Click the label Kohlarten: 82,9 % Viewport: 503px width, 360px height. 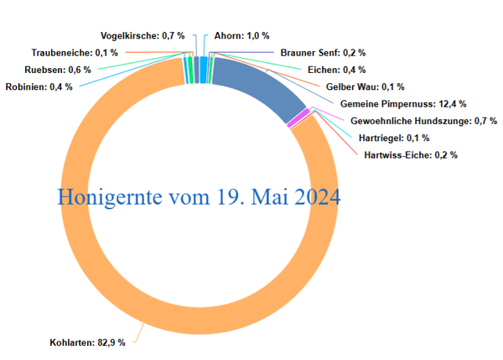pos(88,343)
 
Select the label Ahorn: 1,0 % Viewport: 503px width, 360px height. pos(241,36)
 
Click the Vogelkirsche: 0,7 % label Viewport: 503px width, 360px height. pos(142,36)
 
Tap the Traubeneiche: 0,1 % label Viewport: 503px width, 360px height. pos(74,53)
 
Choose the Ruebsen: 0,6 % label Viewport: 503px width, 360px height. pos(58,70)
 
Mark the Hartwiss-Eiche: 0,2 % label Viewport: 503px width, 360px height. pos(411,154)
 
